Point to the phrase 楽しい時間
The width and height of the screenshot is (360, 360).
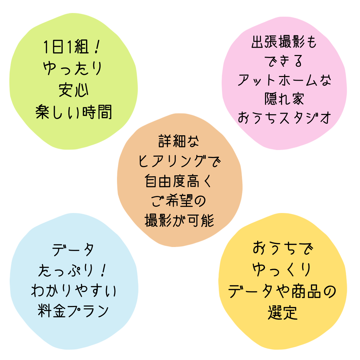pos(74,112)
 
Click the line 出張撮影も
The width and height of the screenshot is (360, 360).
pos(284,43)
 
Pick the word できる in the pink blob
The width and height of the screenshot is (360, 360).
pos(284,61)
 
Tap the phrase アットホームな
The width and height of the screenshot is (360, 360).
pos(284,80)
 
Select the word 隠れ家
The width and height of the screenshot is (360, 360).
pos(284,99)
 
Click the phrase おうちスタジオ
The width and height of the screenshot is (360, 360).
pos(284,118)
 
